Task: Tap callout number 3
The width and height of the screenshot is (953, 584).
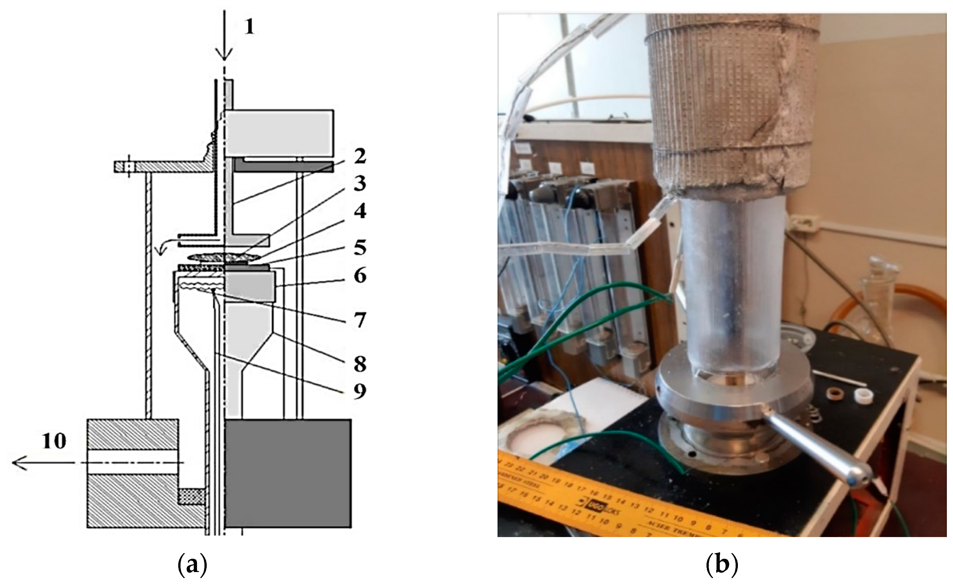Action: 360,184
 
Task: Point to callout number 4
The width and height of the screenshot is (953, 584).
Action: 360,211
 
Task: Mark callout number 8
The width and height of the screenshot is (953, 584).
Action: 360,364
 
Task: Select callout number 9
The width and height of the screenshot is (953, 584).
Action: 360,391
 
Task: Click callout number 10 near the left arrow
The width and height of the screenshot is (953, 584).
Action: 54,441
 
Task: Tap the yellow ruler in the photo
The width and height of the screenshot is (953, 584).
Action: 619,503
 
